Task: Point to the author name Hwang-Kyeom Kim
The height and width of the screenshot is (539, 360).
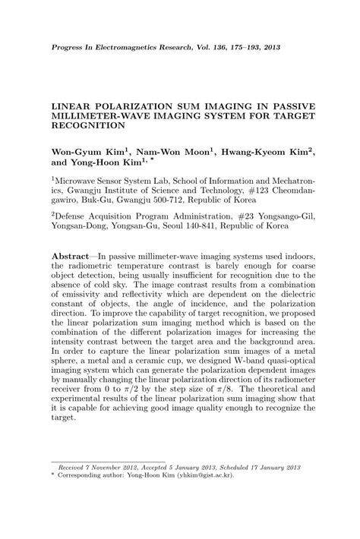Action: (x=264, y=152)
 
